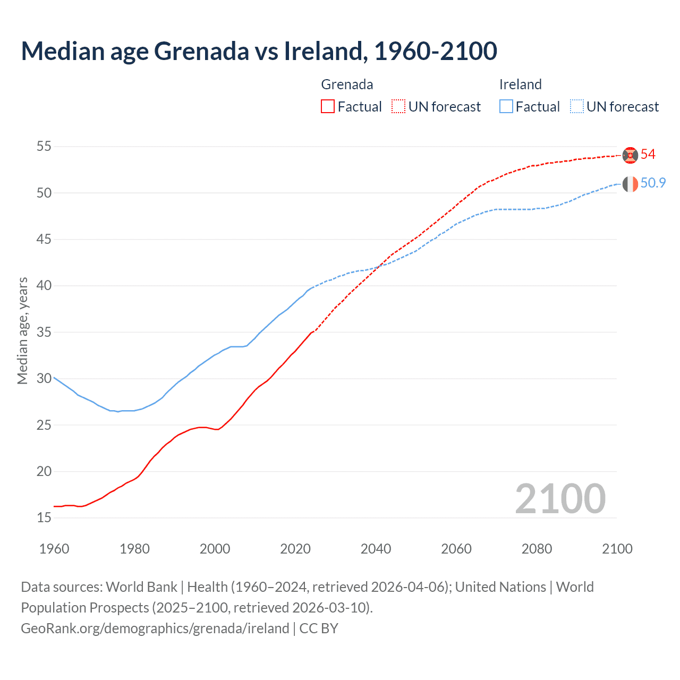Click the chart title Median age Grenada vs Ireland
(259, 51)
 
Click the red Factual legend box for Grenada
(328, 106)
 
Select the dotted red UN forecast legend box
(398, 106)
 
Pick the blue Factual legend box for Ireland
(506, 106)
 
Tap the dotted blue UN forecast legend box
(577, 106)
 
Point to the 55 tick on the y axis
(44, 146)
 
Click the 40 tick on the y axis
(44, 286)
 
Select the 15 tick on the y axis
(44, 518)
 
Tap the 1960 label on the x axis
(54, 549)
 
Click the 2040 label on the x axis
(376, 549)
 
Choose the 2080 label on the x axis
(537, 549)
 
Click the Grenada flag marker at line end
(630, 155)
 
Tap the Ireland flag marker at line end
(630, 184)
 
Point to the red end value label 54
(648, 155)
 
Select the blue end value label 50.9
(653, 183)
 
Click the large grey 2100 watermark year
(560, 499)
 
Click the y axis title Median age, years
(22, 330)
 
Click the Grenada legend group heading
(347, 84)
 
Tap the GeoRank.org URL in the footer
(155, 628)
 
